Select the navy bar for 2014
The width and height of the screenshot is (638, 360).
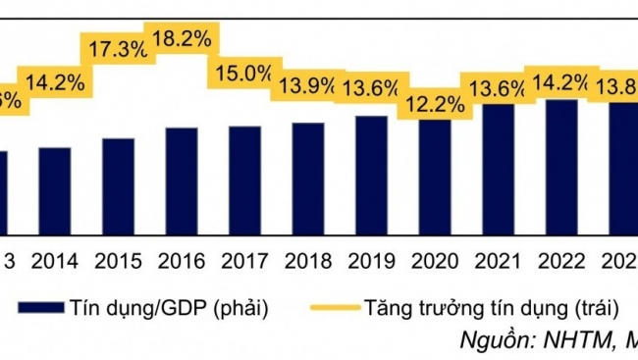point(55,190)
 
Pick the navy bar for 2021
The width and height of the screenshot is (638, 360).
point(498,169)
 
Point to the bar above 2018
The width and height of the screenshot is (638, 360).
point(308,179)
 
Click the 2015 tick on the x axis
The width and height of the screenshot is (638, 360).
point(119,262)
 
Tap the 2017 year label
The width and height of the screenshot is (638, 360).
point(245,262)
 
